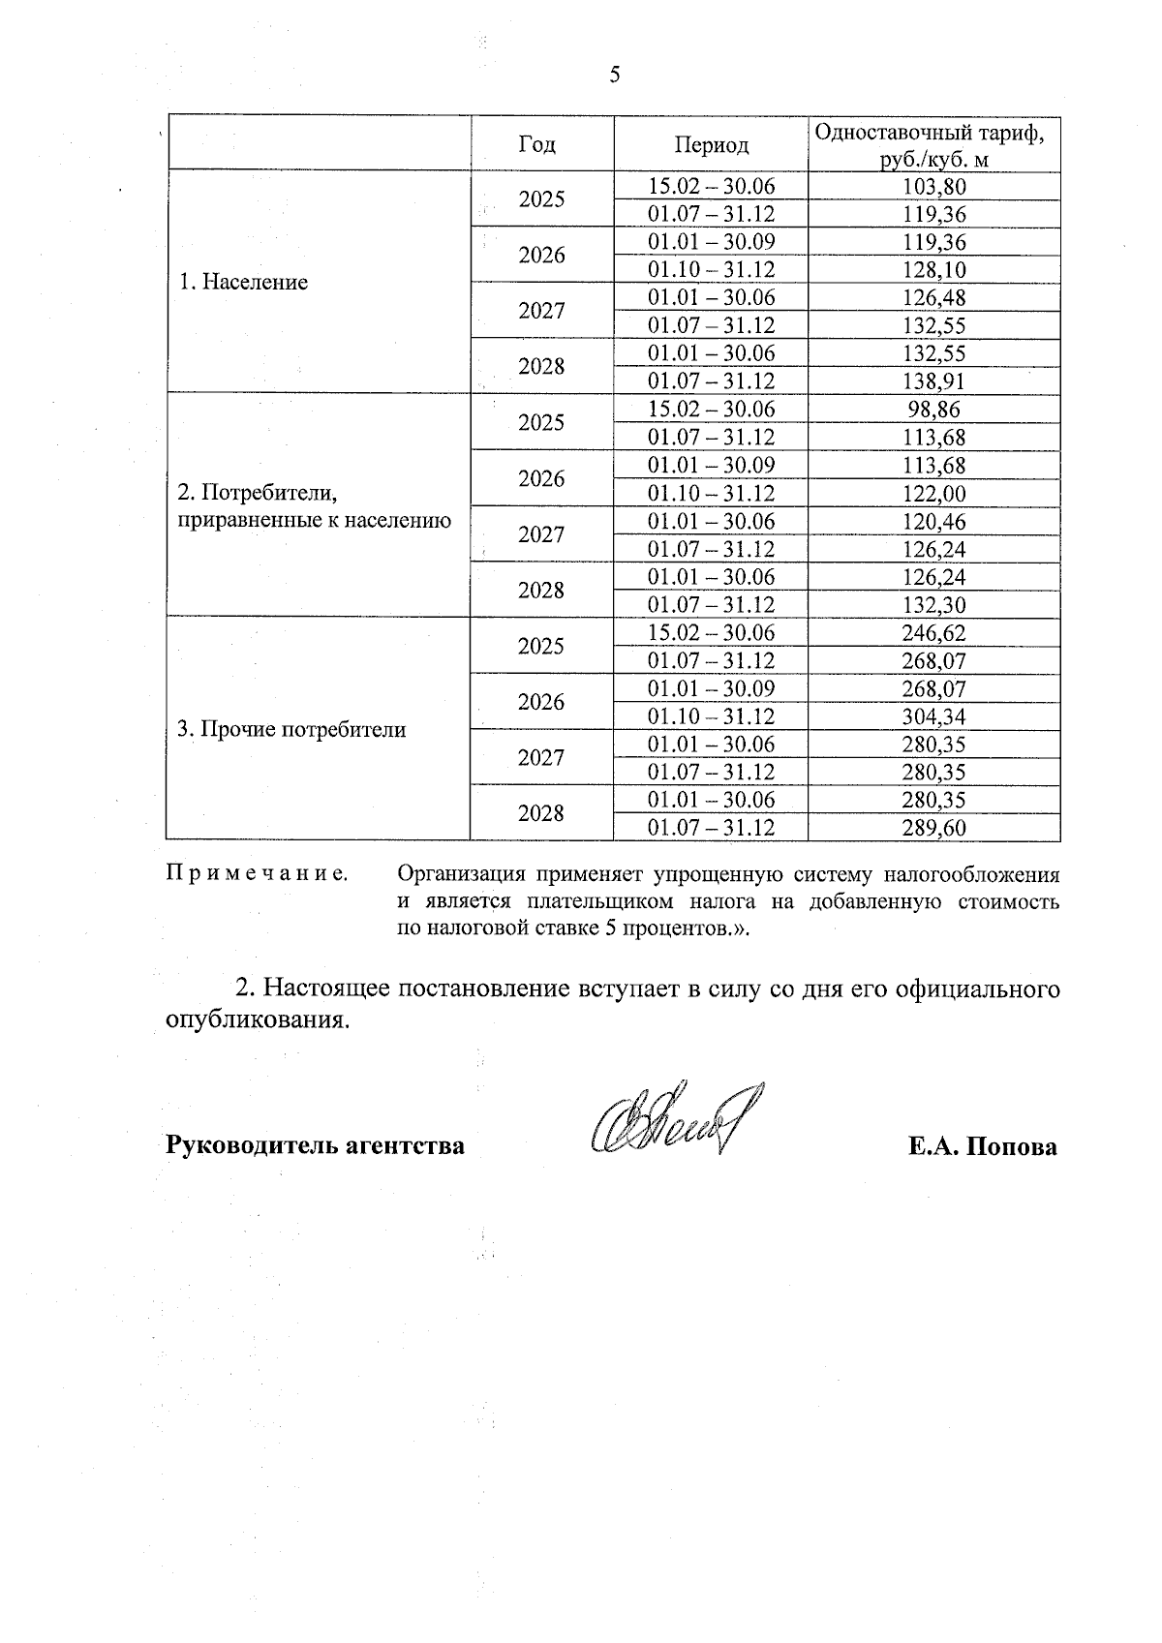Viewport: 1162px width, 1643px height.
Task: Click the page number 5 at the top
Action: tap(615, 76)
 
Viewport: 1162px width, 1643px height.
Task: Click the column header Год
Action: tap(537, 144)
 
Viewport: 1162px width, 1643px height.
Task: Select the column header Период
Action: tap(712, 145)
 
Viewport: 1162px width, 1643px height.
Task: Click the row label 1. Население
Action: tap(244, 283)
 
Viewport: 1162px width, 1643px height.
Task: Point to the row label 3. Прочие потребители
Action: tap(291, 730)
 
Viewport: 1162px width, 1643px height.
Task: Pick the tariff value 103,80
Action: tap(934, 187)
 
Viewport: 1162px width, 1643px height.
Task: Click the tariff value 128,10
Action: tap(934, 270)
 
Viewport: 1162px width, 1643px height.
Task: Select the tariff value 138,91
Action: tap(934, 381)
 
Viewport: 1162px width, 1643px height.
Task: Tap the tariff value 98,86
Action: tap(934, 410)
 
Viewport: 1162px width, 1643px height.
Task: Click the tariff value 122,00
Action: tap(934, 494)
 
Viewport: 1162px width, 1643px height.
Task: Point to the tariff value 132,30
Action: tap(934, 605)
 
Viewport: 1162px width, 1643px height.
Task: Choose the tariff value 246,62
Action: tap(934, 633)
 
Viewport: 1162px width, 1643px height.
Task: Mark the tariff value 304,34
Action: tap(934, 717)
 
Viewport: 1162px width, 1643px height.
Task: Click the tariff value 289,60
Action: tap(934, 828)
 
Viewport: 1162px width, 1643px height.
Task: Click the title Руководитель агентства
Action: tap(316, 1146)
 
